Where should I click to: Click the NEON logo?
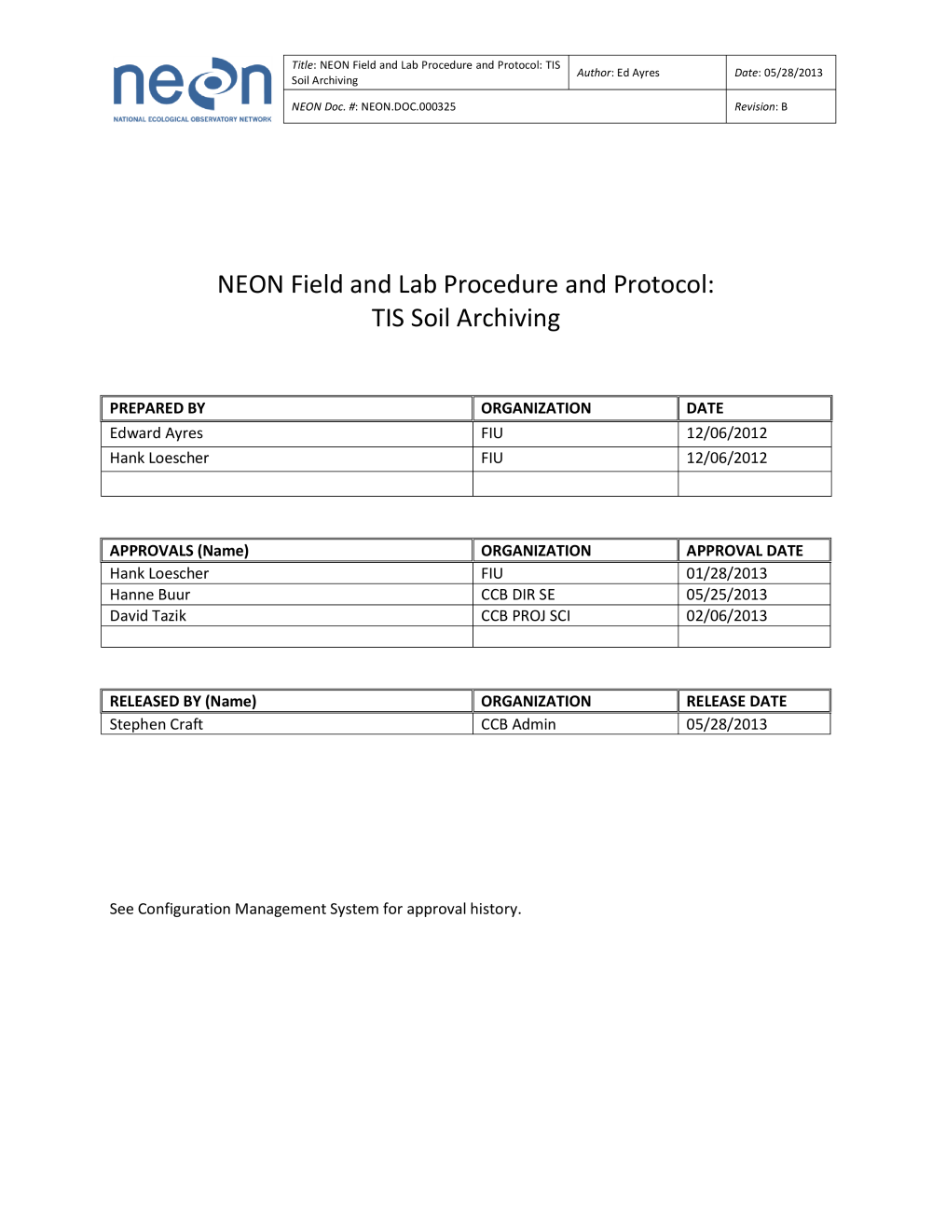(x=192, y=88)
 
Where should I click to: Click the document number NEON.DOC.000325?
(x=408, y=107)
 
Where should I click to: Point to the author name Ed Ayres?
(x=637, y=73)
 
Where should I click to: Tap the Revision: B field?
(x=761, y=107)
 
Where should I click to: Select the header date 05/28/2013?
(x=793, y=73)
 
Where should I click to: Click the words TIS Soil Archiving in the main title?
(x=466, y=319)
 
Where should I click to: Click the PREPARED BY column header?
(x=158, y=408)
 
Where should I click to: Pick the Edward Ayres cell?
(x=157, y=433)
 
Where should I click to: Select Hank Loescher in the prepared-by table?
(x=159, y=459)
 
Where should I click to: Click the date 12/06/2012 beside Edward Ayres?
(x=727, y=433)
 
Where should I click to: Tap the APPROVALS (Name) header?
(x=179, y=551)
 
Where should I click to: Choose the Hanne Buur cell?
(x=150, y=595)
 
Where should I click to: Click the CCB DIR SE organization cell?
(x=518, y=595)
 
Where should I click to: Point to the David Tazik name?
(x=148, y=616)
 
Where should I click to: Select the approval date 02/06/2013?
(x=727, y=616)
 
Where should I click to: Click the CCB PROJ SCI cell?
(x=526, y=616)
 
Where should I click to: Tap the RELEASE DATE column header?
(x=736, y=702)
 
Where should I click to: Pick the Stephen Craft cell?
(x=157, y=725)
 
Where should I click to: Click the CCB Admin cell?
(x=518, y=725)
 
